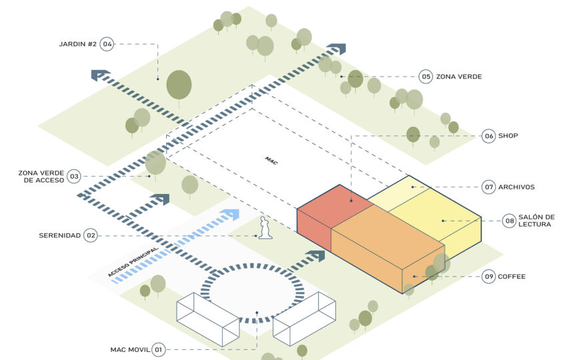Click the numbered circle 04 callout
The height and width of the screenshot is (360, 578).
107,45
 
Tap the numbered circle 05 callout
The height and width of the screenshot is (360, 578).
425,77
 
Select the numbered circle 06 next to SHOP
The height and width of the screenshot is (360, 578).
489,136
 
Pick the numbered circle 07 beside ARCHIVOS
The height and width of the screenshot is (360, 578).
489,187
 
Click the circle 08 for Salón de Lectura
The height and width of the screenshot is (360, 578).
509,221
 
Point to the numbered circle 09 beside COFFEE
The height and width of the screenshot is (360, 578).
489,276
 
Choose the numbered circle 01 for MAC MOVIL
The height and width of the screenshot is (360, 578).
158,349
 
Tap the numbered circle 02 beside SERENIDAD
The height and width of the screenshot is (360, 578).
90,235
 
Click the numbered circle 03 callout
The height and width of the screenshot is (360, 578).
74,177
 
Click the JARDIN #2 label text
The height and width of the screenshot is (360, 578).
78,45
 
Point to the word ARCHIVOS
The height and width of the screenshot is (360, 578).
516,187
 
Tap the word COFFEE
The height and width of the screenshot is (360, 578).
511,276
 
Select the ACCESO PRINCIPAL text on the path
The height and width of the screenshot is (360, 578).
133,262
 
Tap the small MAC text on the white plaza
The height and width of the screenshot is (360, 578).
271,161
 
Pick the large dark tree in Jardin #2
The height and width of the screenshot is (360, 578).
179,85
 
